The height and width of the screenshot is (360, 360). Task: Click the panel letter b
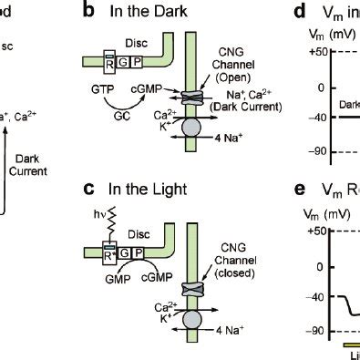pyautogui.click(x=114, y=12)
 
